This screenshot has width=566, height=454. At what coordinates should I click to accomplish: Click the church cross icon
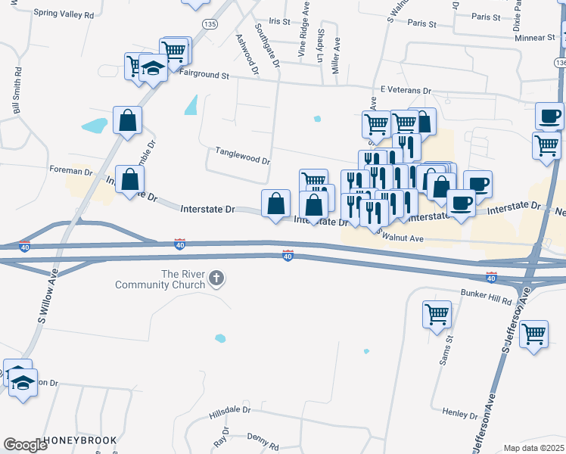coord(217,279)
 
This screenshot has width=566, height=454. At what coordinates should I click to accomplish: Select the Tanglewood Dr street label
coord(243,160)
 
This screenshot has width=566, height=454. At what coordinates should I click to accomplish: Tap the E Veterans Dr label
coord(405,90)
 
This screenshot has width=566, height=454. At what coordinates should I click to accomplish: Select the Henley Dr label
coord(460,414)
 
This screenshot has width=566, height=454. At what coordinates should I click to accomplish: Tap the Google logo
coord(25,445)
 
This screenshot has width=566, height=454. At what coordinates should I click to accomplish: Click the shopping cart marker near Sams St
coord(437,314)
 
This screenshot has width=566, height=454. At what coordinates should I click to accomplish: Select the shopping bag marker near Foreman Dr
coord(130,180)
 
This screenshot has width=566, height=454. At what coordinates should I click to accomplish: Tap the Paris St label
coord(422,24)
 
